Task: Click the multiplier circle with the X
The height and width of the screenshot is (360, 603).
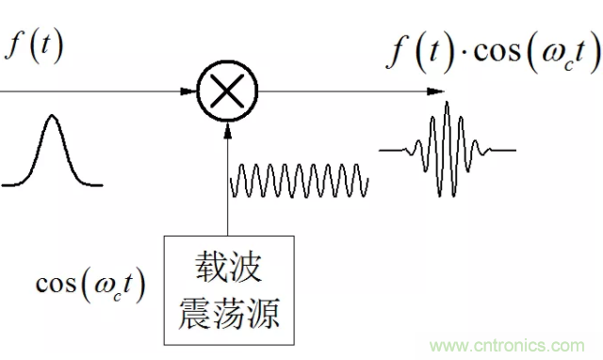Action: [227, 92]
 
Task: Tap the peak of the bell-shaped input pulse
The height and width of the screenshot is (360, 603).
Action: [47, 123]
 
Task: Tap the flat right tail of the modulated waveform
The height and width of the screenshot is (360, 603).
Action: [499, 150]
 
